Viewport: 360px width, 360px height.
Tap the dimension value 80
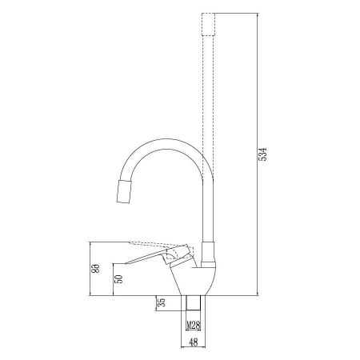(x=95, y=270)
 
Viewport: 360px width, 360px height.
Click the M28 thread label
(x=194, y=326)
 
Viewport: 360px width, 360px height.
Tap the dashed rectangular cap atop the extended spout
(x=209, y=25)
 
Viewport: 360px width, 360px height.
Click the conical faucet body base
(x=196, y=280)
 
